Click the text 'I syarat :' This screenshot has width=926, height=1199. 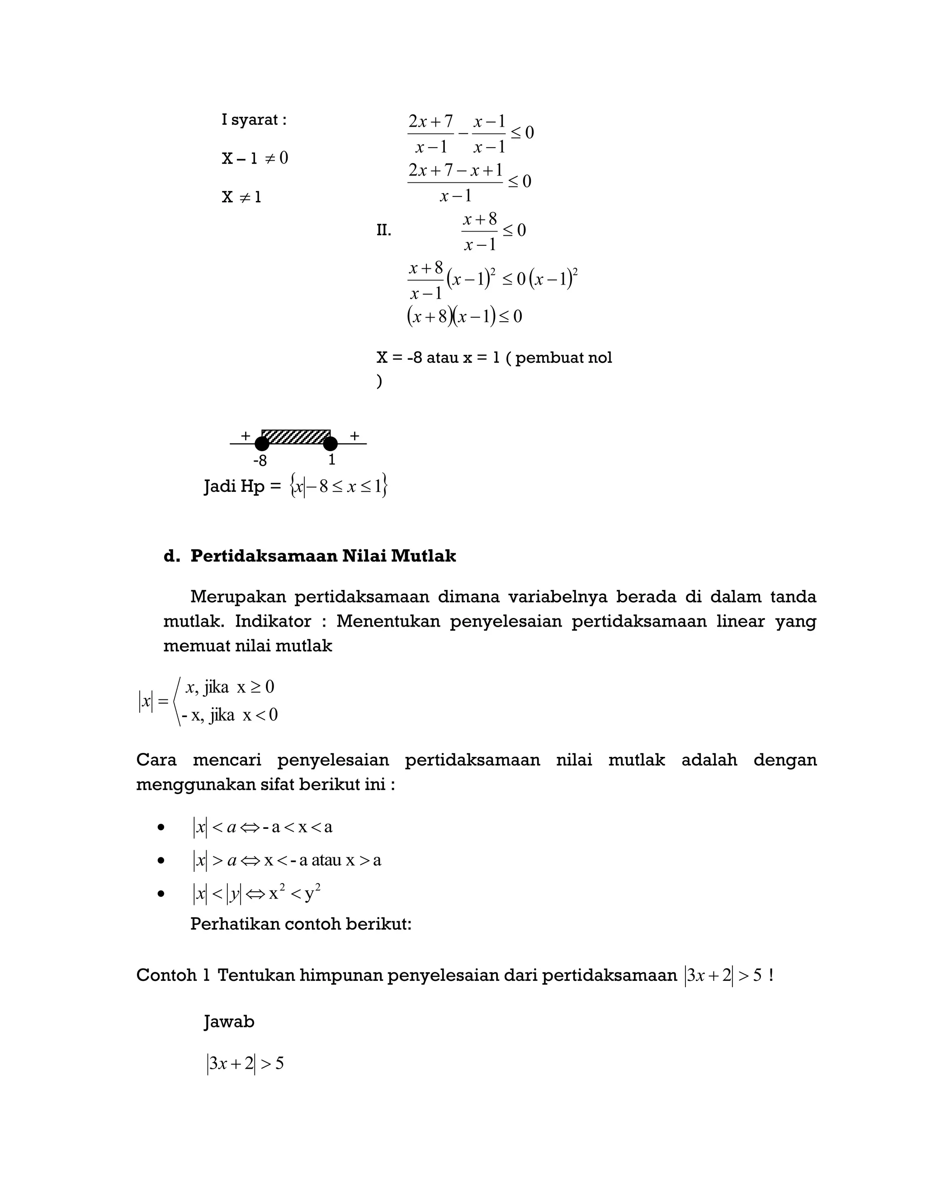pyautogui.click(x=254, y=120)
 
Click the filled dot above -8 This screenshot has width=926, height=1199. pyautogui.click(x=262, y=443)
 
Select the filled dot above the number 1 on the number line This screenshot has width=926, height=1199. pyautogui.click(x=330, y=443)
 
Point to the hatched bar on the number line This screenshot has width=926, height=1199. pyautogui.click(x=296, y=437)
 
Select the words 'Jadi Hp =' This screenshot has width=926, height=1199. pyautogui.click(x=242, y=486)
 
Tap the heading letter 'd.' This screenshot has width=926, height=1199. pyautogui.click(x=172, y=556)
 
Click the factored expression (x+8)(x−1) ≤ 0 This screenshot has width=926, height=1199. pyautogui.click(x=464, y=316)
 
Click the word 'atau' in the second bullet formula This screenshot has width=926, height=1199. pyautogui.click(x=326, y=860)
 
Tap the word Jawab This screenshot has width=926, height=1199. pyautogui.click(x=229, y=1022)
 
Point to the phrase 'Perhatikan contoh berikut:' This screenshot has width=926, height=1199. pyautogui.click(x=301, y=924)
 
